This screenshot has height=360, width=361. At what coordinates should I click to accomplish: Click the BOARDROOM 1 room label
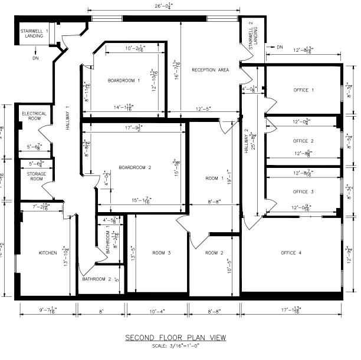click(124, 80)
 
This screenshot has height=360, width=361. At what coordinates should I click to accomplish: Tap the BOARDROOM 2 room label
click(135, 168)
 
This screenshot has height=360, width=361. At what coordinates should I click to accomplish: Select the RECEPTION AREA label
click(210, 70)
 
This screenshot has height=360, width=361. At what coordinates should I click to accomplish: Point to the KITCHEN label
click(48, 253)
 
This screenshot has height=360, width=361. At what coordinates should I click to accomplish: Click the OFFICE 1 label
click(304, 90)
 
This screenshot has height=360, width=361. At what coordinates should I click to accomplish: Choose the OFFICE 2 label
click(303, 141)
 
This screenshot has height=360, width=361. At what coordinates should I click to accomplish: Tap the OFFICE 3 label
click(303, 192)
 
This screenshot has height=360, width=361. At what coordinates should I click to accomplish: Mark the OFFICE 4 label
click(291, 253)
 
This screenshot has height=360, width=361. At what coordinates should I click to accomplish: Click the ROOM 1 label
click(215, 178)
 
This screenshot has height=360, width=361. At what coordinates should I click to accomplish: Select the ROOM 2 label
click(215, 253)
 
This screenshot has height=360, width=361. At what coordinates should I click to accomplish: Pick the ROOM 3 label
click(161, 253)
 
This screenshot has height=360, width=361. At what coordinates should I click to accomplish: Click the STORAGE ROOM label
click(36, 176)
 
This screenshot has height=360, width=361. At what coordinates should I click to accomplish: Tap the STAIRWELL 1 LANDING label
click(34, 33)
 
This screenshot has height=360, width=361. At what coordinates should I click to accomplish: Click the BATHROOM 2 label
click(97, 279)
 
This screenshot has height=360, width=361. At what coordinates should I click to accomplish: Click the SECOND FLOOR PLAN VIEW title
click(175, 338)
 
